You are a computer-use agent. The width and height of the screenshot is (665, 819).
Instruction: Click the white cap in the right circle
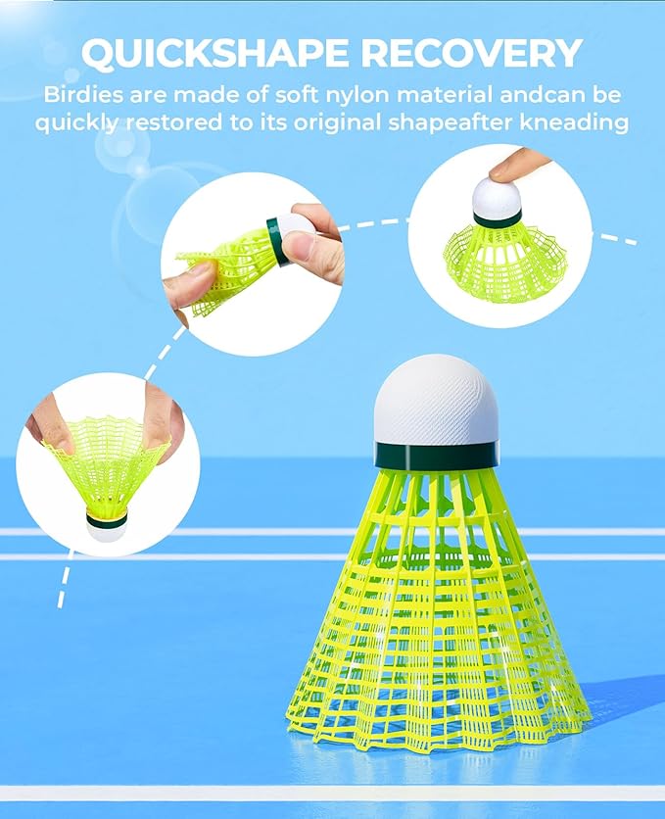click(497, 199)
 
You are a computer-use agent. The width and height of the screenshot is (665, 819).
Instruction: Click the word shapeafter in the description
click(446, 124)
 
